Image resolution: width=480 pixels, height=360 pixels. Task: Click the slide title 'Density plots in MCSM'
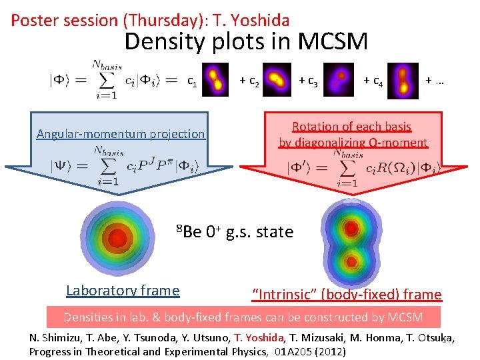pyautogui.click(x=246, y=42)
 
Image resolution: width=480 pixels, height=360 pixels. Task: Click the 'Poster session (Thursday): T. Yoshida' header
pyautogui.click(x=150, y=20)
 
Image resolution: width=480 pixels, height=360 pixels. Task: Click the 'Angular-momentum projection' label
pyautogui.click(x=121, y=134)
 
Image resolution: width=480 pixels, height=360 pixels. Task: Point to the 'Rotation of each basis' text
pyautogui.click(x=351, y=127)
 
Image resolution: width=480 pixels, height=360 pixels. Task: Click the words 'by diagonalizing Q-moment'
pyautogui.click(x=353, y=142)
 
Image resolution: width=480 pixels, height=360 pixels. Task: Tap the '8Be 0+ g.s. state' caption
pyautogui.click(x=235, y=232)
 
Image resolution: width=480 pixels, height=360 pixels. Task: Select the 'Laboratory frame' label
pyautogui.click(x=123, y=290)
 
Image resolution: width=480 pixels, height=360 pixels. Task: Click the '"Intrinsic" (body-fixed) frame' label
pyautogui.click(x=347, y=294)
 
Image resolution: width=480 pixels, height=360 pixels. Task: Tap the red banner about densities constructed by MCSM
pyautogui.click(x=244, y=317)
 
